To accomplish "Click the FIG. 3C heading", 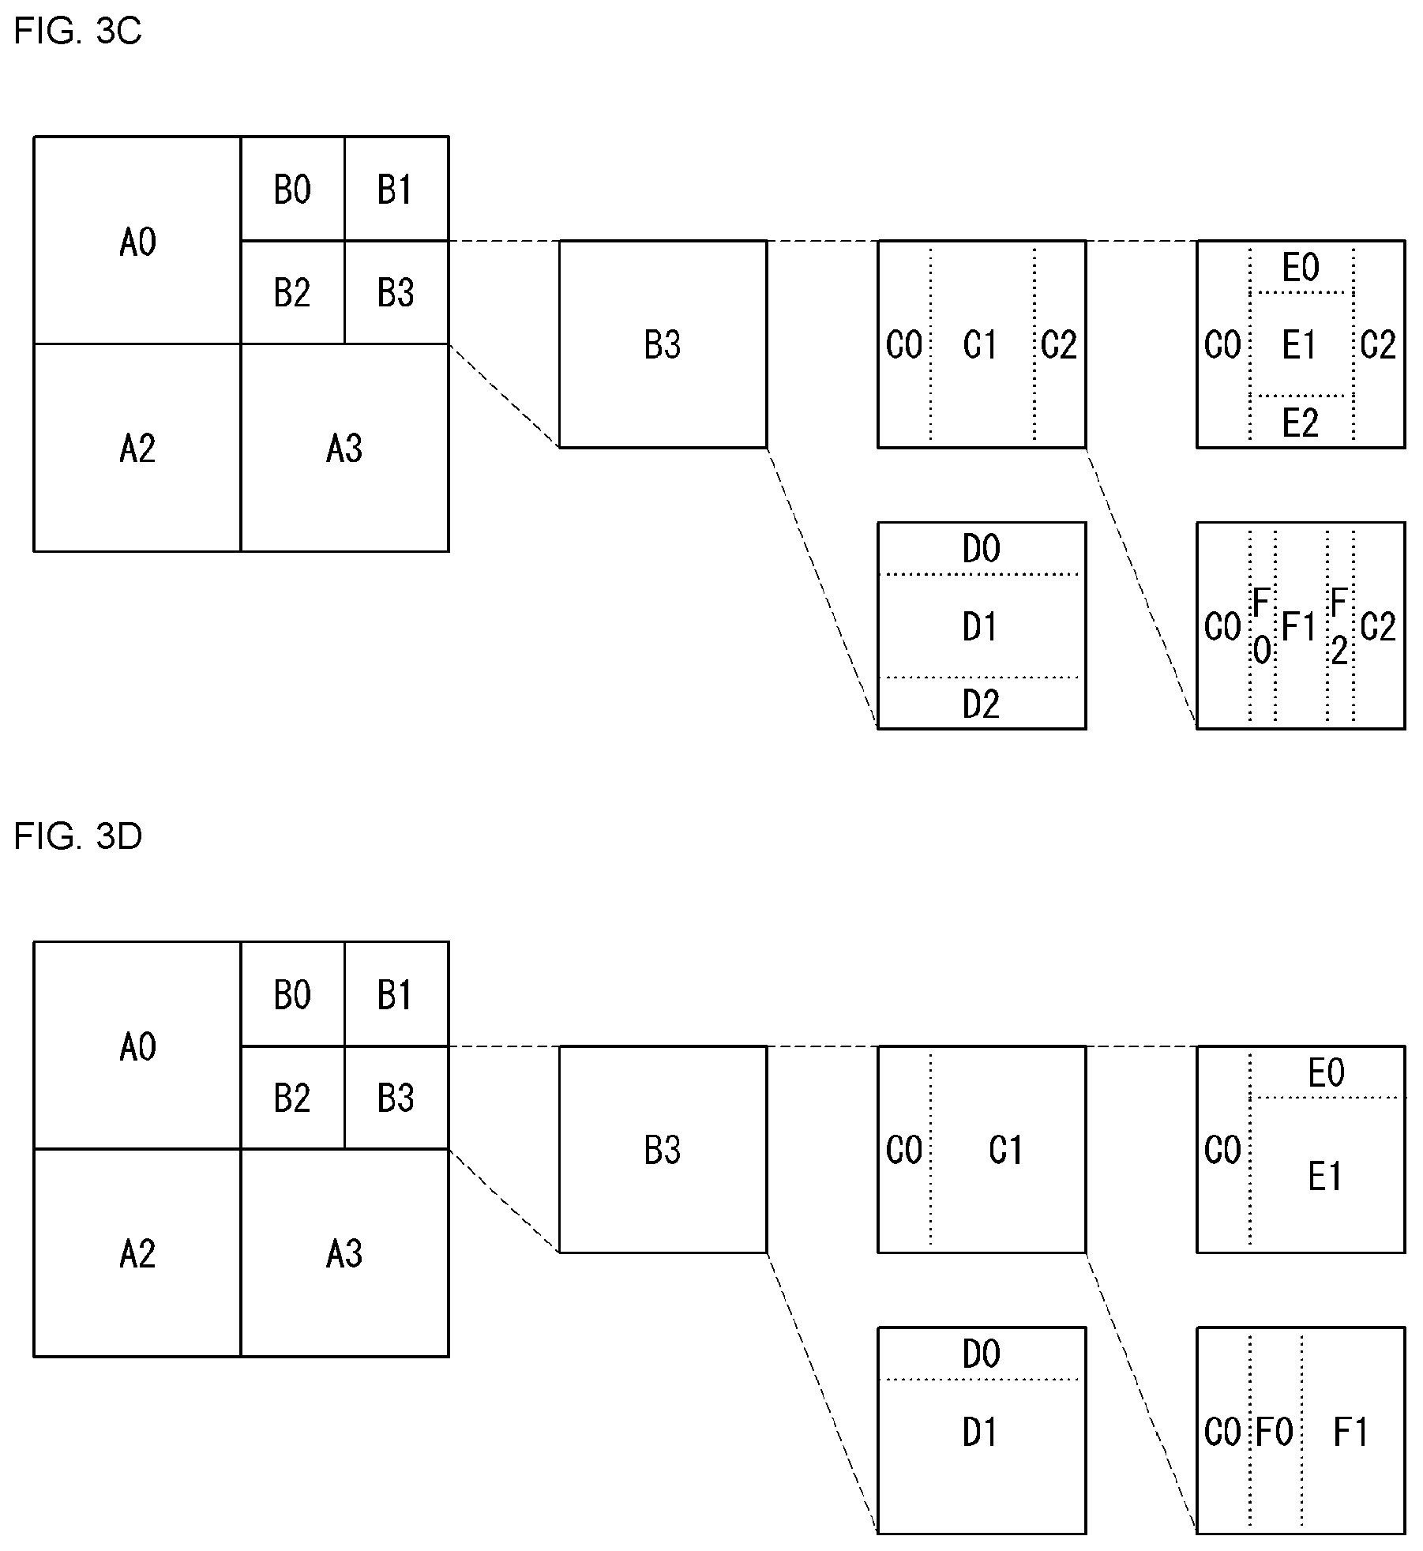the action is (77, 32).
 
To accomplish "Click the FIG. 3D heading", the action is (77, 836).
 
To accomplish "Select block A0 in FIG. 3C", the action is (137, 241).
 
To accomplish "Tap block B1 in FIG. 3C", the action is (396, 190).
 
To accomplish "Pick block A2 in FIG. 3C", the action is (137, 448).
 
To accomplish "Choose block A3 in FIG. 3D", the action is (344, 1252).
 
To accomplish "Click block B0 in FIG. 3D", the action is (293, 994).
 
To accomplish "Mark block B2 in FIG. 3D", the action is (293, 1098).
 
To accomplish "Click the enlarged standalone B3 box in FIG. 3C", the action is (663, 344).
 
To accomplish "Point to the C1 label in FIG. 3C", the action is (981, 345).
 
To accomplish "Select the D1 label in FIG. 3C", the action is (981, 627).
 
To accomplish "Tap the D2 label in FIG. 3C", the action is (981, 704).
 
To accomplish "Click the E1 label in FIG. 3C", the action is (1300, 345).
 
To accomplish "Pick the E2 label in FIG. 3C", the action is (1301, 423).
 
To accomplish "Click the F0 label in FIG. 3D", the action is (1275, 1432).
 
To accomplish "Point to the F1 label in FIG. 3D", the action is (1351, 1432).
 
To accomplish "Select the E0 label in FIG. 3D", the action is (1327, 1072).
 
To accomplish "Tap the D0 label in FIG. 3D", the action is (981, 1354).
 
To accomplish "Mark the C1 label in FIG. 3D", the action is (1006, 1150).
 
